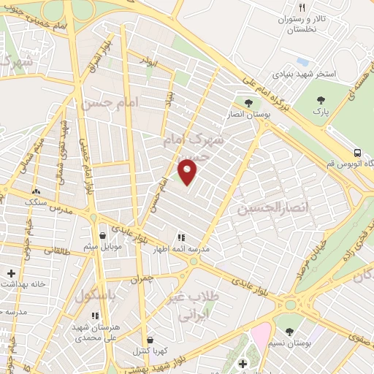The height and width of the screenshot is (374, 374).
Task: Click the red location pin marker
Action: (188, 172)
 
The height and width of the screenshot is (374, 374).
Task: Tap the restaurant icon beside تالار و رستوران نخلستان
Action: (282, 7)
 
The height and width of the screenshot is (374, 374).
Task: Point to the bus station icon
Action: (357, 153)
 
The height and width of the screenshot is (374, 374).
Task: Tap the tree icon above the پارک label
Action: (318, 99)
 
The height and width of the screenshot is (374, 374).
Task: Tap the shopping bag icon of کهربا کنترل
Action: (150, 339)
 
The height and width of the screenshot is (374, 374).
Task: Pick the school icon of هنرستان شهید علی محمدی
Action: (94, 316)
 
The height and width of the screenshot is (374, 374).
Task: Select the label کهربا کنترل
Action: (155, 351)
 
